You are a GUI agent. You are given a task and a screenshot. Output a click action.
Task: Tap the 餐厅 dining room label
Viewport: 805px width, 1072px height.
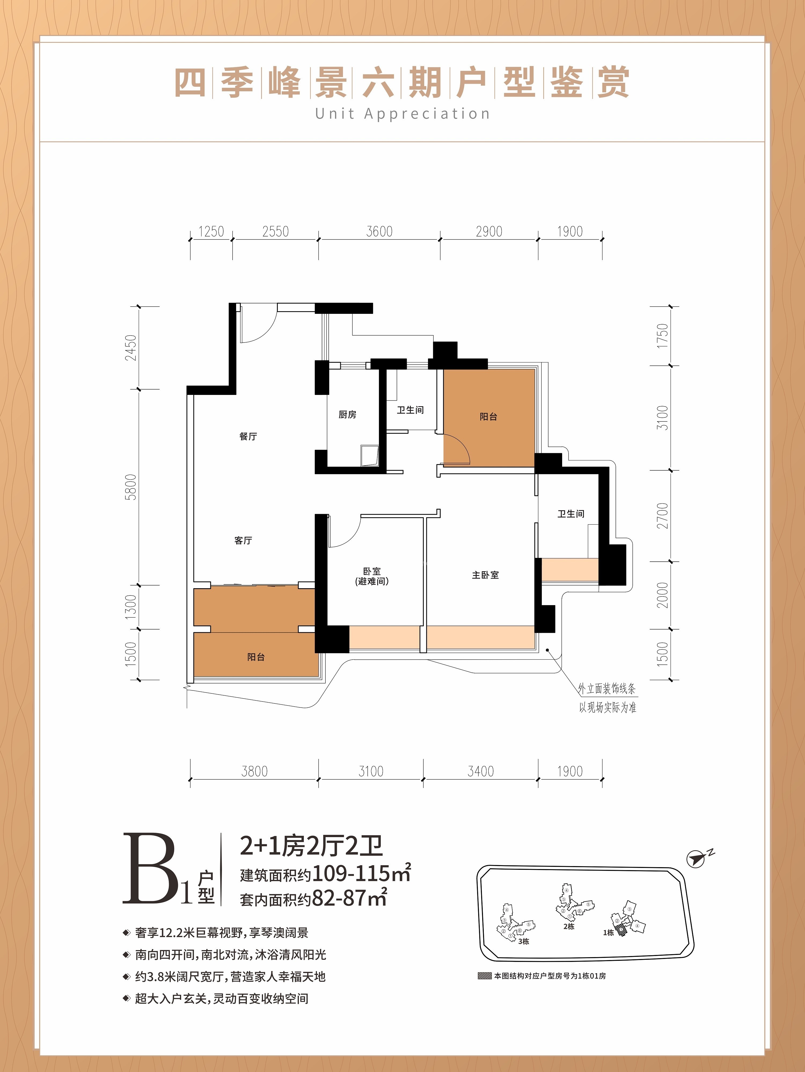(248, 436)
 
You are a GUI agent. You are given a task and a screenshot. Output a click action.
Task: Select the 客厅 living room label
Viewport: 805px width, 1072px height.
(243, 540)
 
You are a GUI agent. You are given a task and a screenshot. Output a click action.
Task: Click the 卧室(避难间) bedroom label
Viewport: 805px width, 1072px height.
(372, 576)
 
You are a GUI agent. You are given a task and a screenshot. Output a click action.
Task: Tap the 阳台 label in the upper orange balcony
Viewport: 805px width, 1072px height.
(488, 416)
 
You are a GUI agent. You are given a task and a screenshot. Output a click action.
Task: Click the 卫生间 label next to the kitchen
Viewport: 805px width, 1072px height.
(410, 410)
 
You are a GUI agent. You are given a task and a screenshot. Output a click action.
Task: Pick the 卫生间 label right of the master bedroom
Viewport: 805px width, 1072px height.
(570, 514)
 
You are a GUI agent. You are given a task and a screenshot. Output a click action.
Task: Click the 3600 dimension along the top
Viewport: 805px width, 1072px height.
(379, 232)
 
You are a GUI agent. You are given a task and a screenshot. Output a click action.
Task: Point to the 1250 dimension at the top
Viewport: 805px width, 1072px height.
(211, 232)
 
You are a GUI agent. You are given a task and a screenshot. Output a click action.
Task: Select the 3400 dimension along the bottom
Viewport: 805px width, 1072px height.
(481, 771)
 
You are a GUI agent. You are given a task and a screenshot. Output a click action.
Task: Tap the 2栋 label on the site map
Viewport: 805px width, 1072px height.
(569, 926)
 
